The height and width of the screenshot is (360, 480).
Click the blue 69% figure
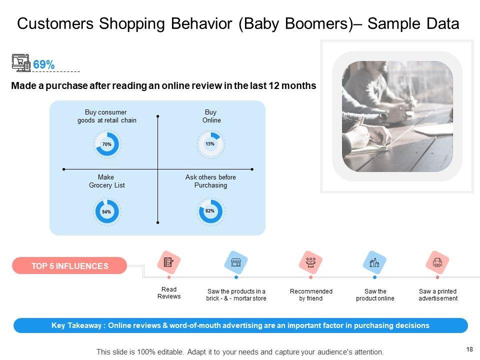tap(44, 64)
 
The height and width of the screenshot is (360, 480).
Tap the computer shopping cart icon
tap(21, 63)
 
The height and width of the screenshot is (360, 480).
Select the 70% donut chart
tap(107, 144)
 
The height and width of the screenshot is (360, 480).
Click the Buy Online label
tap(211, 116)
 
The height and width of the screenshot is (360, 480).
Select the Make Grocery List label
tap(106, 181)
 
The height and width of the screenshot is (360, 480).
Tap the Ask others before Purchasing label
tap(210, 181)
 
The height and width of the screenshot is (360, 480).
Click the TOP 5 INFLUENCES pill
tap(69, 265)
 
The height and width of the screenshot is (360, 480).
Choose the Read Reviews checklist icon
tap(168, 262)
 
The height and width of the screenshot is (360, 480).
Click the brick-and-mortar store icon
tap(235, 262)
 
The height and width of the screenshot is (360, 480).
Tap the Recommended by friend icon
tap(310, 262)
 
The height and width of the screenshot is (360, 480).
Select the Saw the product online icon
tap(374, 262)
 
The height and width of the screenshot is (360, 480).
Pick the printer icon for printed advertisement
tap(437, 262)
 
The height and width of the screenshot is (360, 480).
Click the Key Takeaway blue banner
tap(240, 325)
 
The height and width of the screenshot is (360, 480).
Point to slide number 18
tap(469, 349)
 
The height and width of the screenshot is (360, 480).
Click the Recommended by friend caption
tap(311, 295)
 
